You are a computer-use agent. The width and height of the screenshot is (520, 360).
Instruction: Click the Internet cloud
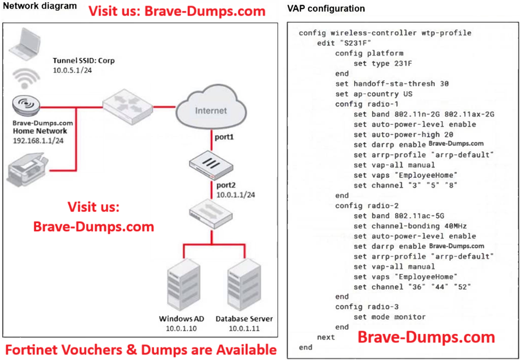tap(211, 109)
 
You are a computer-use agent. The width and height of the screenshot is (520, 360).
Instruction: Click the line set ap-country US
tap(374, 94)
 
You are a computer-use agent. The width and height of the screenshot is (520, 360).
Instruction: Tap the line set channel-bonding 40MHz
tap(410, 226)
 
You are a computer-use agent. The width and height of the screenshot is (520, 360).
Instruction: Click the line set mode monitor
tap(390, 317)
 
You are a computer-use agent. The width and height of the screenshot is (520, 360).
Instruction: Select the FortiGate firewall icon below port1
tap(210, 162)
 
